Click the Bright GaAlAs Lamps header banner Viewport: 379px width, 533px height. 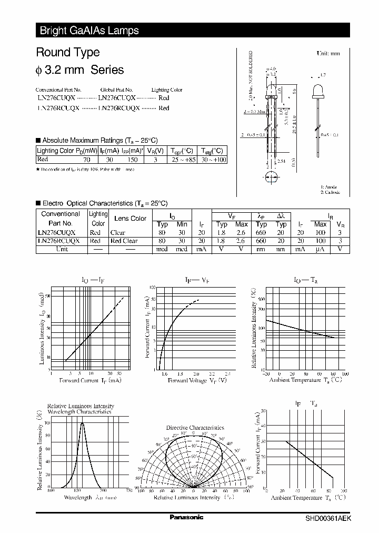click(89, 31)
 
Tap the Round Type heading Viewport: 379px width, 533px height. click(67, 53)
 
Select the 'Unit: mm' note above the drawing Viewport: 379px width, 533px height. click(328, 54)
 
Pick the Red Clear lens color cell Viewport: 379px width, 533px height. click(124, 241)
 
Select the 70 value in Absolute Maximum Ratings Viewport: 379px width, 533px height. click(87, 160)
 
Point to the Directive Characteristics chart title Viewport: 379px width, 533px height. click(195, 428)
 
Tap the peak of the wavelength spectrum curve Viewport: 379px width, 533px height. click(83, 423)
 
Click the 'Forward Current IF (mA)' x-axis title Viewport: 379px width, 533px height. click(91, 380)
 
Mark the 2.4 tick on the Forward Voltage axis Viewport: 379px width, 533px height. click(228, 373)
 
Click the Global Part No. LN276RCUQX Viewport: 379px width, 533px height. click(119, 108)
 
